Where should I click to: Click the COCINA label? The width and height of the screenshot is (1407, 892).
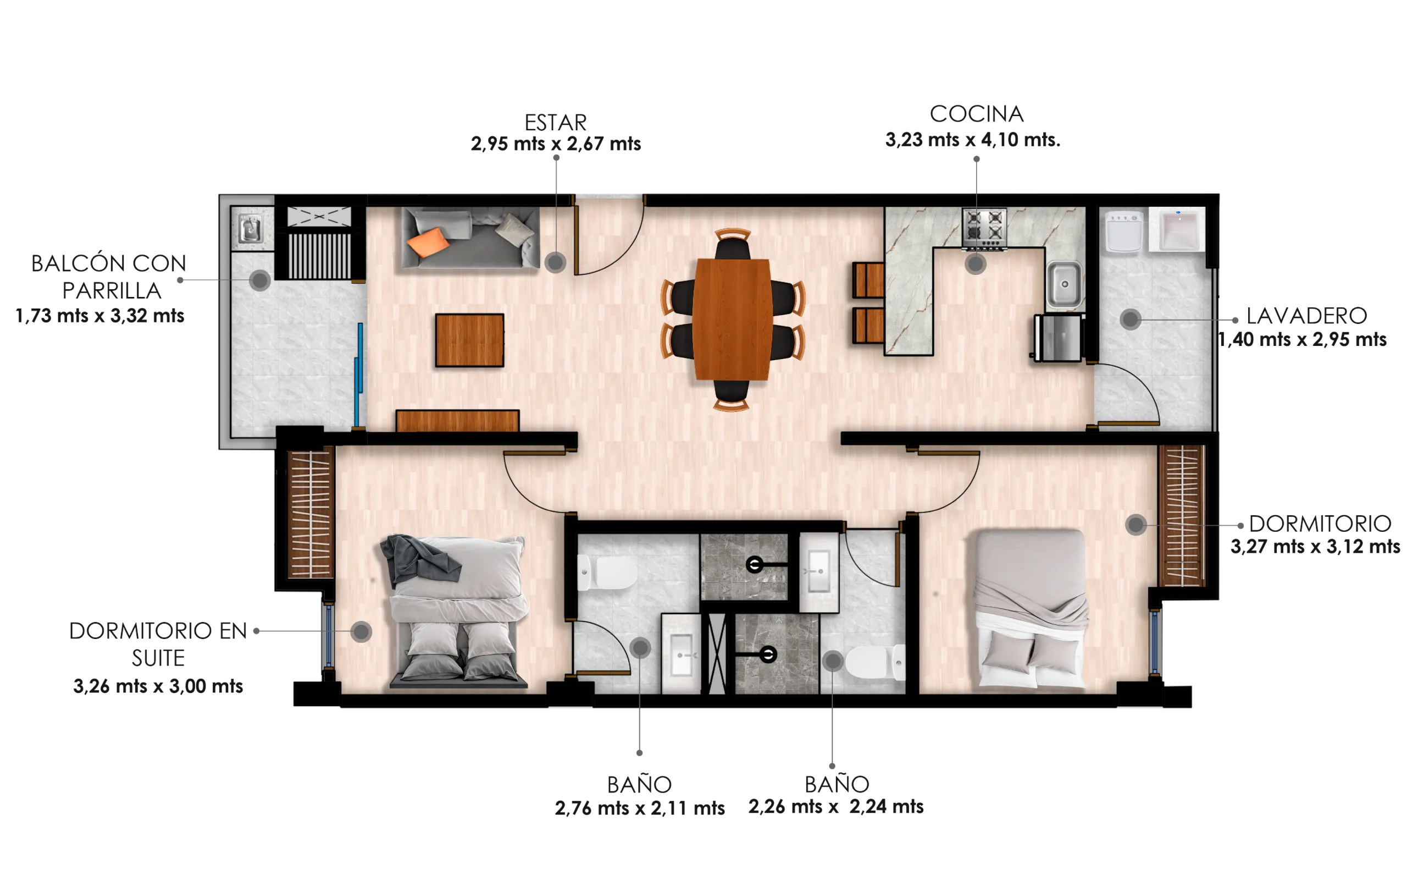(976, 114)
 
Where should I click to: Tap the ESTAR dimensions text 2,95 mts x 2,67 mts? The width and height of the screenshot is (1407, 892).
(556, 144)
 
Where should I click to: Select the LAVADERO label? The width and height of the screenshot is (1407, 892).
(1306, 316)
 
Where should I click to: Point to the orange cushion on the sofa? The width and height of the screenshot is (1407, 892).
(428, 242)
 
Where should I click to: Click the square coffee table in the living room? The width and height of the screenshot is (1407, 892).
(469, 340)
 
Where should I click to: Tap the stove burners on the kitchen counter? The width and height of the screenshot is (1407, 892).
(984, 228)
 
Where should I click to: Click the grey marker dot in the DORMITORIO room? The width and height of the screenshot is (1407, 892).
(1136, 524)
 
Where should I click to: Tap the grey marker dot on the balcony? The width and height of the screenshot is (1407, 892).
(259, 280)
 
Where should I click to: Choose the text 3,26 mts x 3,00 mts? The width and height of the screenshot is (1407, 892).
(158, 686)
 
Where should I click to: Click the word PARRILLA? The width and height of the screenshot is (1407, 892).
(112, 291)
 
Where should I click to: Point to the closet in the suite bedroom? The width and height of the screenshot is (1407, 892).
(311, 511)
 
